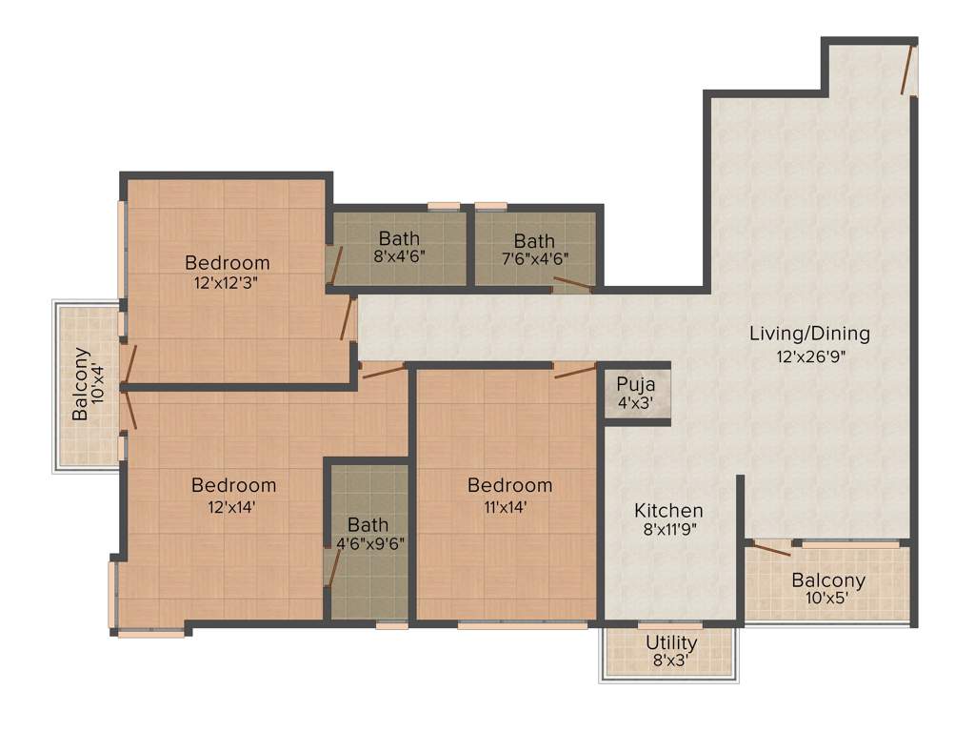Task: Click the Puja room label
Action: (634, 384)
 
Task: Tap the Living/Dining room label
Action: (809, 335)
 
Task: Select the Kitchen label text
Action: (668, 512)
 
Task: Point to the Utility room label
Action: (671, 643)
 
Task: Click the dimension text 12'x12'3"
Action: (227, 282)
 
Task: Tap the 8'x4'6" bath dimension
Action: (399, 256)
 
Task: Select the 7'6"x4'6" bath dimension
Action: (534, 257)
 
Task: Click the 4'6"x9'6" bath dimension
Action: (368, 543)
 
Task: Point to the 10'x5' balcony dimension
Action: (828, 600)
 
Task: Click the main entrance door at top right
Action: (910, 69)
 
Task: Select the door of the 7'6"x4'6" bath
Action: (573, 282)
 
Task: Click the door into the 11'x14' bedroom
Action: (575, 370)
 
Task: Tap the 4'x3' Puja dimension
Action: (634, 402)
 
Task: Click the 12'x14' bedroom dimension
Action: (233, 506)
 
